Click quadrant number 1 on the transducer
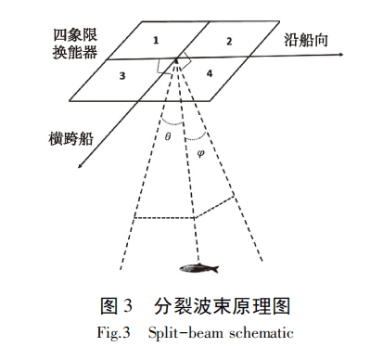click(x=156, y=40)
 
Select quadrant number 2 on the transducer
click(x=230, y=42)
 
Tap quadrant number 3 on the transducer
click(x=121, y=77)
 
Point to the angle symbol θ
click(x=168, y=136)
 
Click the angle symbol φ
click(x=201, y=153)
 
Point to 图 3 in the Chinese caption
click(x=117, y=305)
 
